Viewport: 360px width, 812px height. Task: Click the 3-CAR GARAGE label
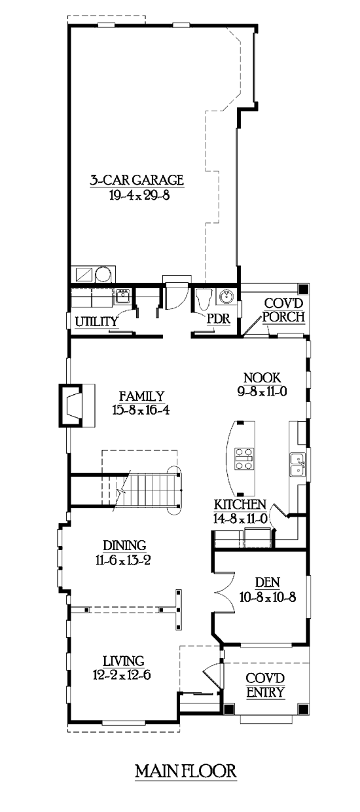coord(137,180)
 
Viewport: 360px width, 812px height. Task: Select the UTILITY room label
coord(96,321)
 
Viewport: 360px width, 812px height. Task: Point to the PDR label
coord(219,319)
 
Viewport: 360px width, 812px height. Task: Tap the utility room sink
coord(123,296)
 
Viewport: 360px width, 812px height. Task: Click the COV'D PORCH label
coord(283,310)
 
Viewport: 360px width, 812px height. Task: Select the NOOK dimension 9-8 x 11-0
coord(262,392)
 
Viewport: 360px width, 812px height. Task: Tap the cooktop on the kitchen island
coord(244,459)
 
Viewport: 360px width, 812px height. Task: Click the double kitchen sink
coord(297,464)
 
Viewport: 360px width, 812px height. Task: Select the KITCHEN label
coord(240,505)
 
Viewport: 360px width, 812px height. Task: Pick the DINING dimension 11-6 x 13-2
coord(123,561)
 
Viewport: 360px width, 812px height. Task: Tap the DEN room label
coord(268,583)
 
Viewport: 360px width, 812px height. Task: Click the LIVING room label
coord(124,661)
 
